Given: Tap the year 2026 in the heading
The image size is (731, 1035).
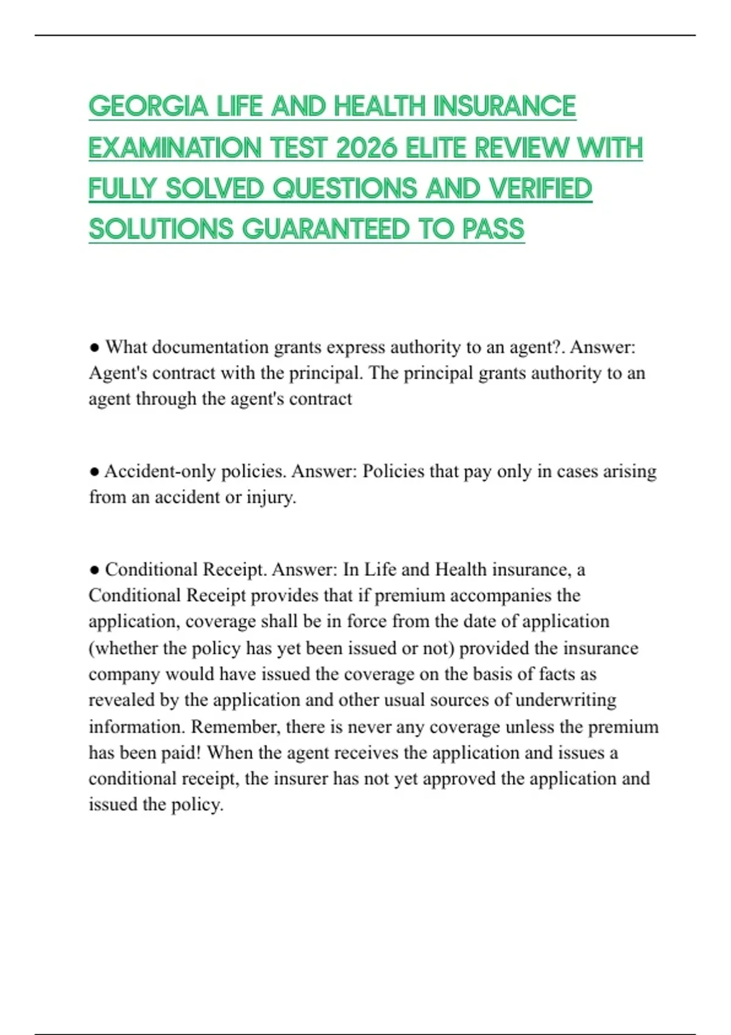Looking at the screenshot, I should (x=365, y=148).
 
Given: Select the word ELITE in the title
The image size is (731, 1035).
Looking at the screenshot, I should (x=436, y=148).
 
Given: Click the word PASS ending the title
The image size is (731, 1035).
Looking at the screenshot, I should (x=493, y=230).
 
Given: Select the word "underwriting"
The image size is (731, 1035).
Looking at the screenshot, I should (x=566, y=700).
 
